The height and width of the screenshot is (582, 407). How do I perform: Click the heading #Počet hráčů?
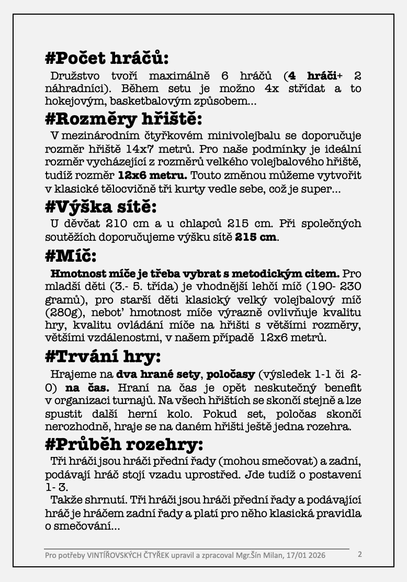pyautogui.click(x=107, y=58)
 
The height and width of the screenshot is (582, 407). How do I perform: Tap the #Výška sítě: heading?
pyautogui.click(x=101, y=207)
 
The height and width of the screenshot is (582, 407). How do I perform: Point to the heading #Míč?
pyautogui.click(x=71, y=256)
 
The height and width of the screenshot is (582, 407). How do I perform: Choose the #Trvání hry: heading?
pyautogui.click(x=103, y=357)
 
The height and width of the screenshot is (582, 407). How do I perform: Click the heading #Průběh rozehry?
pyautogui.click(x=124, y=445)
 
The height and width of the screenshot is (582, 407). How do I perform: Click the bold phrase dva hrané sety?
pyautogui.click(x=159, y=375)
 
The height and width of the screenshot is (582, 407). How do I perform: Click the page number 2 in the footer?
pyautogui.click(x=359, y=554)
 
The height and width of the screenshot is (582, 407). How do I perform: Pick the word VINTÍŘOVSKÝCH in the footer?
pyautogui.click(x=117, y=555)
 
